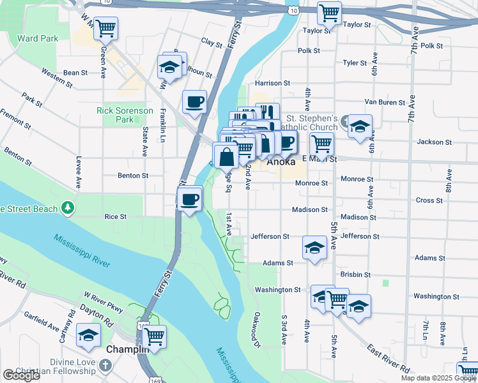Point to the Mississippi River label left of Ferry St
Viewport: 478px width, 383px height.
tap(82, 250)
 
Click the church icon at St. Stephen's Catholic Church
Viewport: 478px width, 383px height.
tap(346, 121)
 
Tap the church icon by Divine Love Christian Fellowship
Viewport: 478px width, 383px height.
tap(106, 366)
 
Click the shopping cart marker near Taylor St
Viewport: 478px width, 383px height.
tap(329, 12)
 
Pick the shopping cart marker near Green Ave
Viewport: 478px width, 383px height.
tap(106, 27)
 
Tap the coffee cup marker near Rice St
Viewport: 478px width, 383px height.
tap(189, 199)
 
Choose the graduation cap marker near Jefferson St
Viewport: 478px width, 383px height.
tap(314, 248)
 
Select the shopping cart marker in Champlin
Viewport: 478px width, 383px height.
tap(155, 336)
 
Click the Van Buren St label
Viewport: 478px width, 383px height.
tap(385, 102)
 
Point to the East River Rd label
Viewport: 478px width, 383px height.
tap(388, 358)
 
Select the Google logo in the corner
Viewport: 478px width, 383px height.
tap(21, 376)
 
